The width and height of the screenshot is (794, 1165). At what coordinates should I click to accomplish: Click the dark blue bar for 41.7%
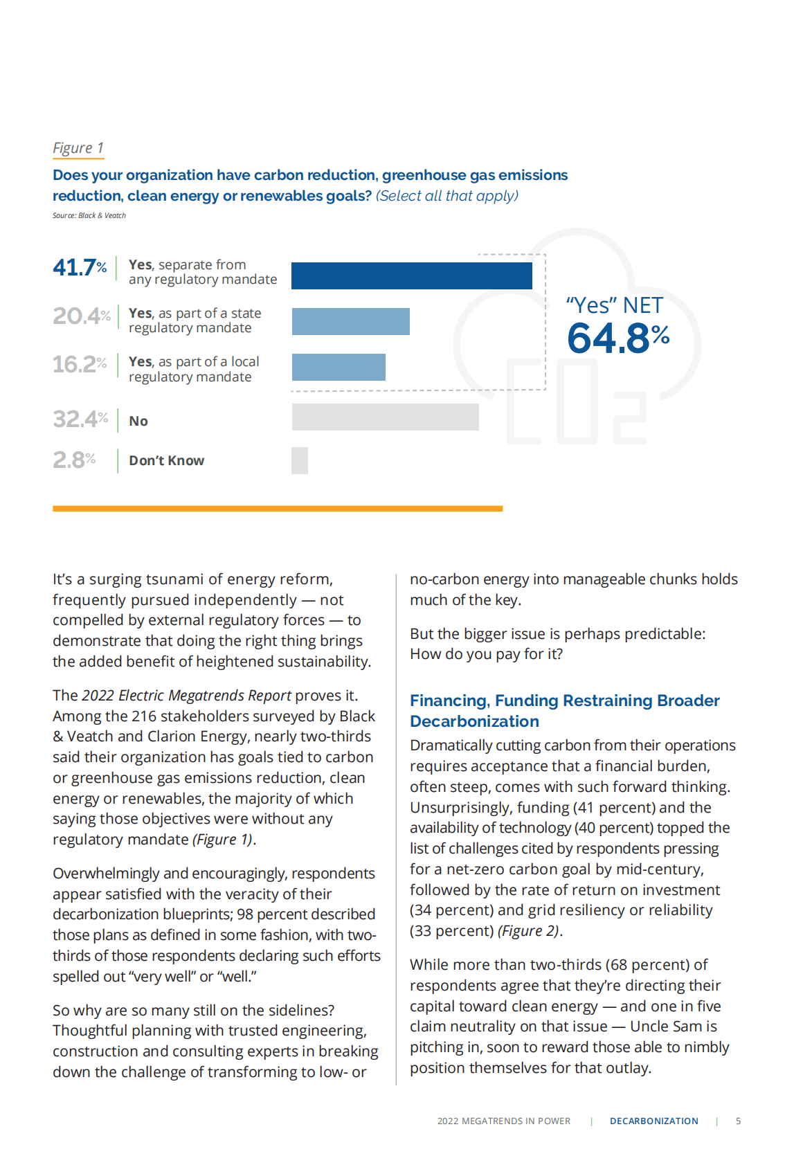(411, 276)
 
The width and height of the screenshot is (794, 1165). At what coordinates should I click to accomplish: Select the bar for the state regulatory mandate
(350, 321)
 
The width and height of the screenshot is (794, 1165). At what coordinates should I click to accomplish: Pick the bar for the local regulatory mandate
(339, 367)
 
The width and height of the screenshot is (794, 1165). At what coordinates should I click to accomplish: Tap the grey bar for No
(385, 417)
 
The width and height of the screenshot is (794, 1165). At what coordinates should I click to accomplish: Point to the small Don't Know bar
(300, 460)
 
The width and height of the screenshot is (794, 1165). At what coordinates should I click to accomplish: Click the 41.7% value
(80, 267)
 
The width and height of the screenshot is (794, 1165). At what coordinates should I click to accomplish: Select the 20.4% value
(81, 316)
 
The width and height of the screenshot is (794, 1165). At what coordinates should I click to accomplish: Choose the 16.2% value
(80, 364)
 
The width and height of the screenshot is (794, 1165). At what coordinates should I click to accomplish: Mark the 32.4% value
(80, 419)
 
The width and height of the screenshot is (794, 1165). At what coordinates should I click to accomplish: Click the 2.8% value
(74, 460)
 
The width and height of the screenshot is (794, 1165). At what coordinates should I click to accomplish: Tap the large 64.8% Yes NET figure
(617, 338)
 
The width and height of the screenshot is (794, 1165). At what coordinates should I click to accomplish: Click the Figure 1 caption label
(78, 148)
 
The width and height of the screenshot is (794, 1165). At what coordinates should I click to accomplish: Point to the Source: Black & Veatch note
(89, 215)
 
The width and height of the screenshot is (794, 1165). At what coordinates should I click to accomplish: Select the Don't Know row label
(166, 460)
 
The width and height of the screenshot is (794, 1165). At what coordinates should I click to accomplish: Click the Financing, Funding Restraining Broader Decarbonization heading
(564, 711)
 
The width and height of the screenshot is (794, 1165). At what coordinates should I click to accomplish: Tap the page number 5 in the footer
(738, 1121)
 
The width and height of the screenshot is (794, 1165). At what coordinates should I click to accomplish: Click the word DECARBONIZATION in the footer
(653, 1121)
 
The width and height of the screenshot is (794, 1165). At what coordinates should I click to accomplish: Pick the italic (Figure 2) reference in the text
(528, 931)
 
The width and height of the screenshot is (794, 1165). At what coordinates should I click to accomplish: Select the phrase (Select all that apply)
(447, 196)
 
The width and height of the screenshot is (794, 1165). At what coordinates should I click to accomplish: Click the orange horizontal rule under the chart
(278, 509)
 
